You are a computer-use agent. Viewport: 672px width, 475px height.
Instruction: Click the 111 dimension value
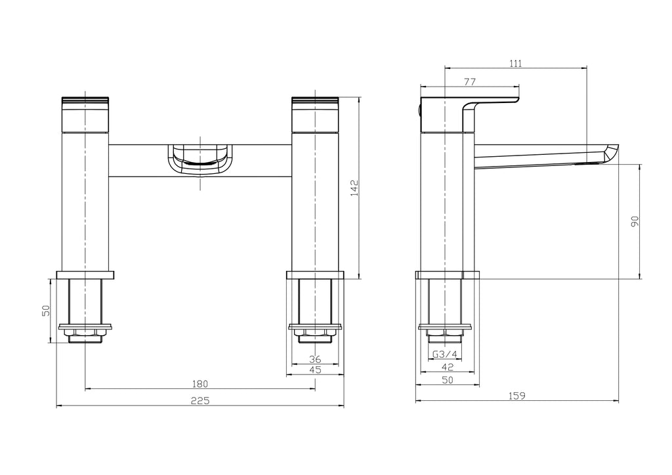pos(515,63)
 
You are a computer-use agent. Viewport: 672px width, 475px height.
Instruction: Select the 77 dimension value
pos(469,82)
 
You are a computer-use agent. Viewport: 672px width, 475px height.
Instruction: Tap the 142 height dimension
pos(354,188)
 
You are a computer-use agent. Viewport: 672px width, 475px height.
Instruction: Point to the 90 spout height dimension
pos(635,222)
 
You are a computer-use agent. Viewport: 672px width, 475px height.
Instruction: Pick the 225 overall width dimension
pos(200,401)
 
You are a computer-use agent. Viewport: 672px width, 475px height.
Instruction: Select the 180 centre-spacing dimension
pos(200,384)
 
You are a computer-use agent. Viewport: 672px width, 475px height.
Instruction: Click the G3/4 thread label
pos(446,355)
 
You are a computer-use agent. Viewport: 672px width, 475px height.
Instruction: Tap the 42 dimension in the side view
pos(447,367)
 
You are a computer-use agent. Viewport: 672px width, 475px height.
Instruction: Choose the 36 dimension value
pos(315,359)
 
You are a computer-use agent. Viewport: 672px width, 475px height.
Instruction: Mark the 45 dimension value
pos(315,370)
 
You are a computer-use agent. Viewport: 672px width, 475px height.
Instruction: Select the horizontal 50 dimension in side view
pos(447,379)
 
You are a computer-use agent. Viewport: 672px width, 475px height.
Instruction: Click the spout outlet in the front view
pos(200,160)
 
